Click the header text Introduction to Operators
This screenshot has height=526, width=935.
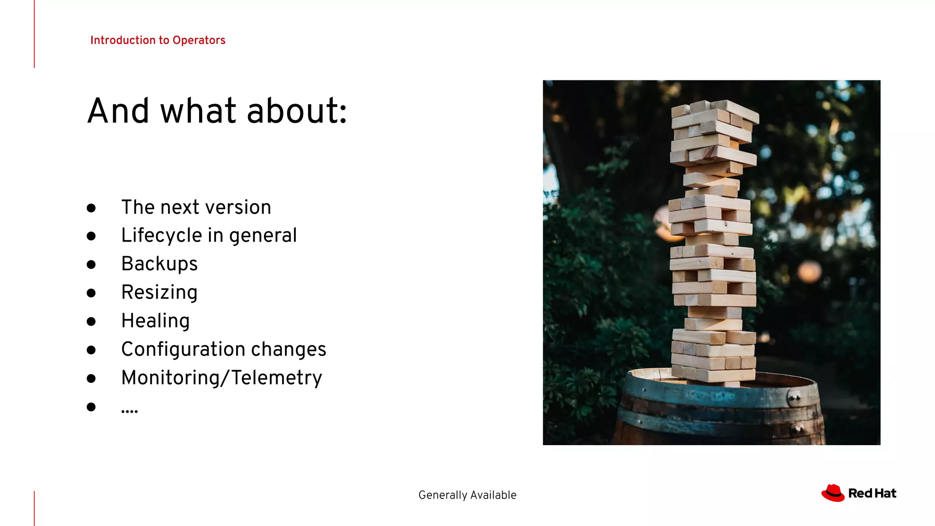click(x=158, y=40)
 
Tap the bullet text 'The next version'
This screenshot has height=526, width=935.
click(x=196, y=207)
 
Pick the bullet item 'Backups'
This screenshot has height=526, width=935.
click(x=159, y=264)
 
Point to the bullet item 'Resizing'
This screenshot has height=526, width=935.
click(x=159, y=292)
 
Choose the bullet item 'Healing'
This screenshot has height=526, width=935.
click(x=155, y=321)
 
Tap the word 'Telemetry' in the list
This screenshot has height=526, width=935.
click(x=277, y=378)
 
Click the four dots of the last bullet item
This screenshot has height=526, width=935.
click(x=130, y=411)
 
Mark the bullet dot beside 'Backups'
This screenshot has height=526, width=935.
click(x=91, y=264)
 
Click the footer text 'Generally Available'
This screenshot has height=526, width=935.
click(x=467, y=495)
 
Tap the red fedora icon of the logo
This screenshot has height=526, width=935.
click(x=833, y=493)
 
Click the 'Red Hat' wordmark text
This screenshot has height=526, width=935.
click(x=872, y=494)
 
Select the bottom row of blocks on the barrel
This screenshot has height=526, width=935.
click(x=714, y=375)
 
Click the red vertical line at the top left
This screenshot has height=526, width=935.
click(x=34, y=34)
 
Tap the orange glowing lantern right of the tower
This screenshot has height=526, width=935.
click(x=809, y=272)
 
